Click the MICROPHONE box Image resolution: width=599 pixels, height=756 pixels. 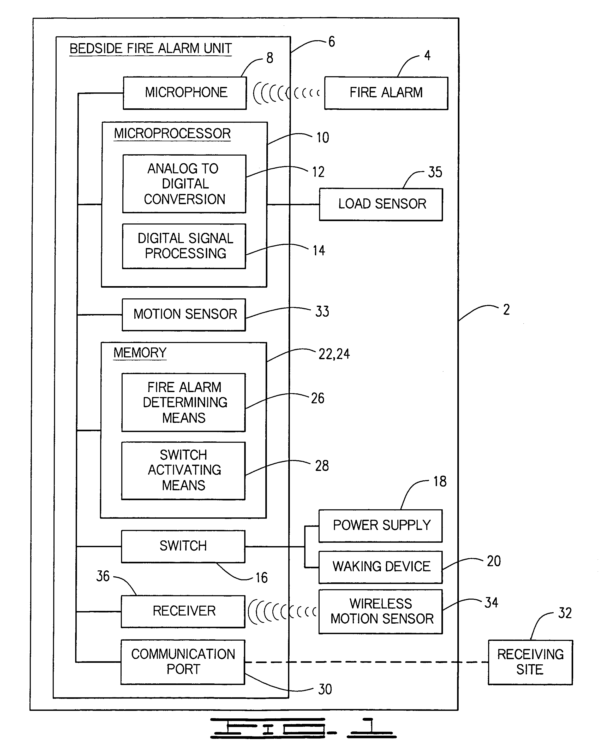185,93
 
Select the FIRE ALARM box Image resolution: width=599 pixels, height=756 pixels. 386,93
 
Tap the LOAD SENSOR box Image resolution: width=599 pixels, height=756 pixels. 381,204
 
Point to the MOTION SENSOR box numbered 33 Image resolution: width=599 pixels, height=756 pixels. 184,315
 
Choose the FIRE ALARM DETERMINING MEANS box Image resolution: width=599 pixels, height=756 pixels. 184,402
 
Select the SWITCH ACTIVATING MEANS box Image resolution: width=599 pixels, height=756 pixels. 183,471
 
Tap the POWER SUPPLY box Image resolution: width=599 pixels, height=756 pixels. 381,525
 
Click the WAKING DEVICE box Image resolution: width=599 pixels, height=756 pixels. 381,567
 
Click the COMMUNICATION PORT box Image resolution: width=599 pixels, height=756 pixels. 183,662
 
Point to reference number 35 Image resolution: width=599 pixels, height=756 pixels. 435,172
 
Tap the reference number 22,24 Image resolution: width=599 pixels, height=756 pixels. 334,354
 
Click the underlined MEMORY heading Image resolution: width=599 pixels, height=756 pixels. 140,353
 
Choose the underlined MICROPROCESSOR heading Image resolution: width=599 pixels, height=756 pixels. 172,134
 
